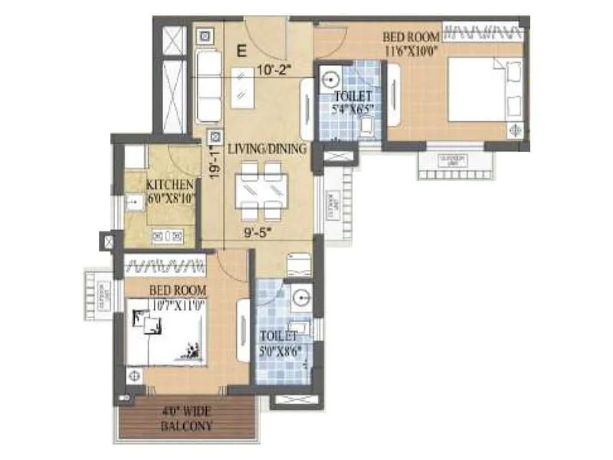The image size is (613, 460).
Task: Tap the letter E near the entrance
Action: point(241,52)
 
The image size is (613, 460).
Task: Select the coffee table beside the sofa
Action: point(246,89)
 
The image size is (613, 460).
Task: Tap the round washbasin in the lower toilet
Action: point(300,296)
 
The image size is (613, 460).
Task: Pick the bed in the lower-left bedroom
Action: point(164,334)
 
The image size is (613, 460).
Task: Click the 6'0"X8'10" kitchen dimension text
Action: point(172,198)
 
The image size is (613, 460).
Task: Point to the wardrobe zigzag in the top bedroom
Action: point(485,31)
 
